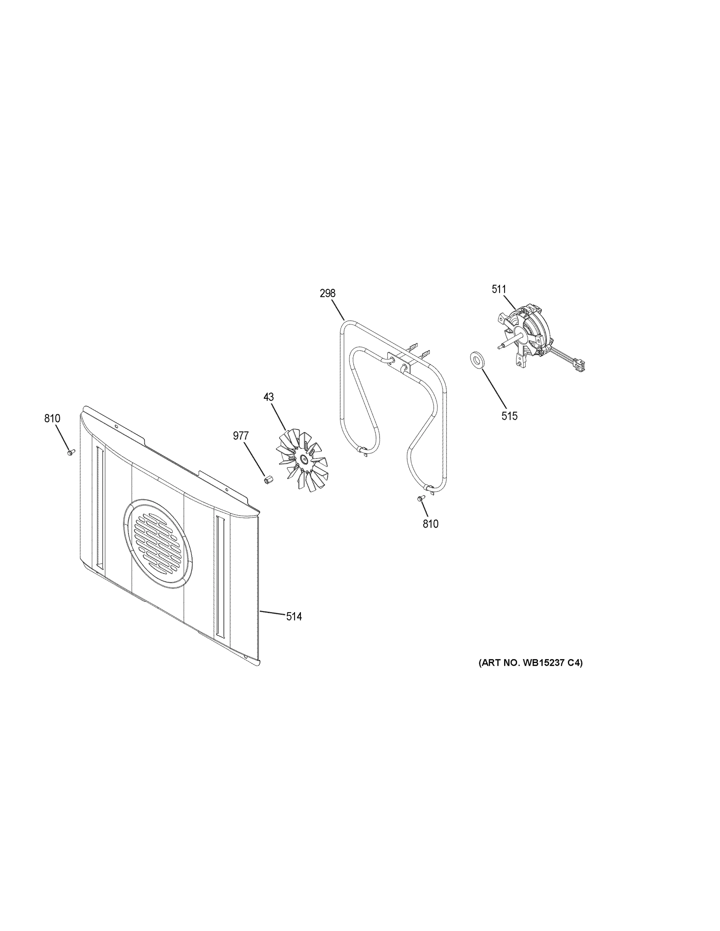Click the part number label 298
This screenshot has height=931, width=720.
(x=327, y=293)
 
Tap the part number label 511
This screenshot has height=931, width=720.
(x=499, y=289)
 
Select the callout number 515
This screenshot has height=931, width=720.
(x=509, y=415)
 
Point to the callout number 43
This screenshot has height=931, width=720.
(x=268, y=397)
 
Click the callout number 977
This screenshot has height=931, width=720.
(x=241, y=436)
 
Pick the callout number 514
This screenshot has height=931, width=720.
(x=294, y=616)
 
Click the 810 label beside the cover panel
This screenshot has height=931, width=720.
(x=52, y=419)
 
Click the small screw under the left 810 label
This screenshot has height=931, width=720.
(x=70, y=452)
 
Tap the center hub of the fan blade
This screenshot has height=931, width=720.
(x=303, y=458)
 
